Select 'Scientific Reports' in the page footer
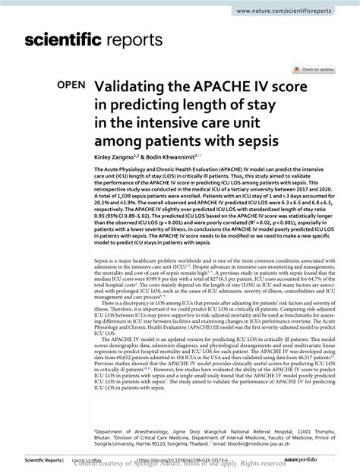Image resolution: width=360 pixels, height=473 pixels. (x=27, y=460)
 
